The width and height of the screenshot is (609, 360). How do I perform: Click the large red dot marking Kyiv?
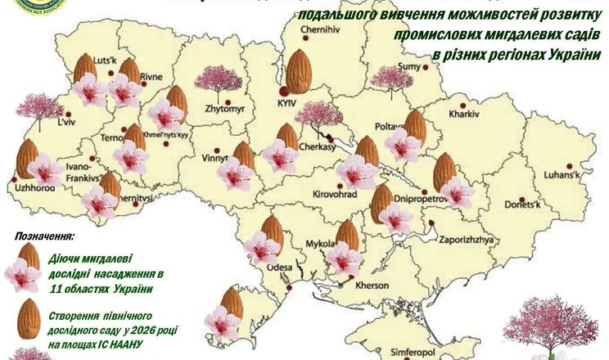[x=283, y=91]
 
